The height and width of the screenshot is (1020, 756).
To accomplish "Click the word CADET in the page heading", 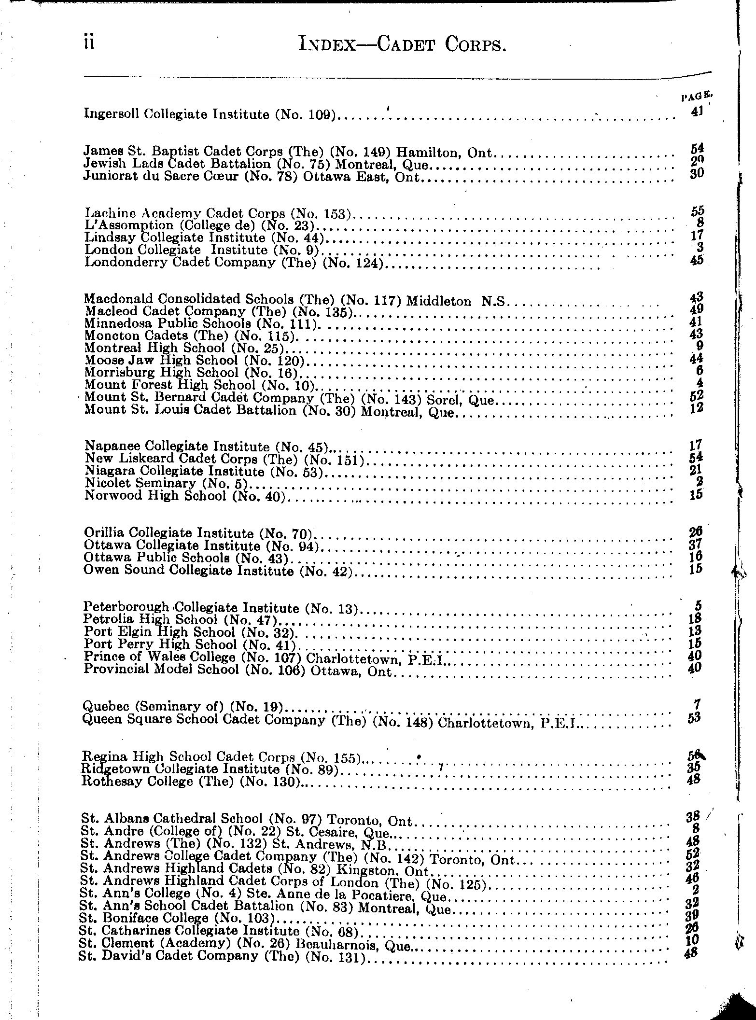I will (407, 44).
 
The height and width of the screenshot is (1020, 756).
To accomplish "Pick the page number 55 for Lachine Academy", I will (697, 211).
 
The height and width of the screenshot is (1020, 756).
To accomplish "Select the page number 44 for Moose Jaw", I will (697, 358).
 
